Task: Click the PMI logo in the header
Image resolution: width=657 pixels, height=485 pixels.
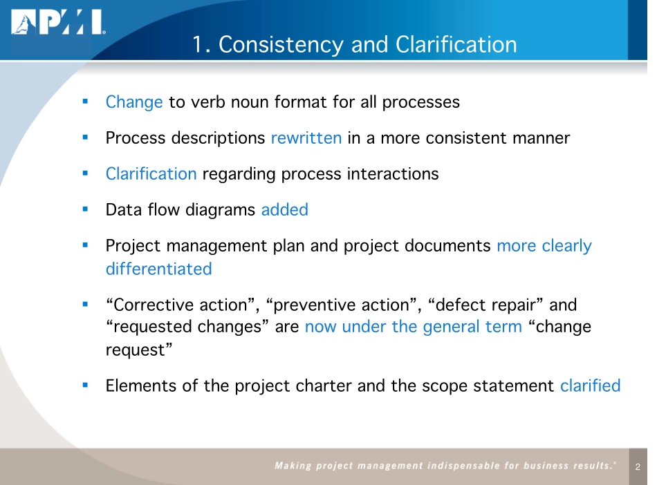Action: pyautogui.click(x=57, y=24)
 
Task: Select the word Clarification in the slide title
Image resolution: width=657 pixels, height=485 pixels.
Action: pyautogui.click(x=456, y=45)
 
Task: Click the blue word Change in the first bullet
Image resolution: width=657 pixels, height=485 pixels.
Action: pyautogui.click(x=134, y=102)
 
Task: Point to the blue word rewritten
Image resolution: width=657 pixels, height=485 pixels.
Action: pyautogui.click(x=306, y=137)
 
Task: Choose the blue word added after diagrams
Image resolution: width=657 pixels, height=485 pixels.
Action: pyautogui.click(x=285, y=210)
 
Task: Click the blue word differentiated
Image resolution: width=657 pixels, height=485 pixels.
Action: pyautogui.click(x=158, y=269)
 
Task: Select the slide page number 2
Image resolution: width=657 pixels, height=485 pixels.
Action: pyautogui.click(x=638, y=468)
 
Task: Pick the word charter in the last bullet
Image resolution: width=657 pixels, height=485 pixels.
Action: pyautogui.click(x=324, y=386)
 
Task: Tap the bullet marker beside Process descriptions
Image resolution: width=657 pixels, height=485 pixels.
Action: pyautogui.click(x=84, y=137)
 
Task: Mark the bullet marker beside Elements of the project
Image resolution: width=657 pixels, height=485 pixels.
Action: pyautogui.click(x=84, y=385)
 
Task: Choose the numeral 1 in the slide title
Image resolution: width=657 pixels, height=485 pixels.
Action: pyautogui.click(x=198, y=45)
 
